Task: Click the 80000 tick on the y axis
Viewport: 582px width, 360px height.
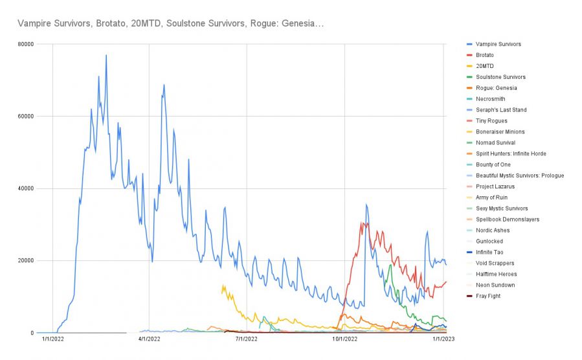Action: tap(26, 44)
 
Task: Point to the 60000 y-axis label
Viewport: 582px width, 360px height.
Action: tap(26, 117)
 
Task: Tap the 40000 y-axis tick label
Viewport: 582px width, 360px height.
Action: tap(26, 188)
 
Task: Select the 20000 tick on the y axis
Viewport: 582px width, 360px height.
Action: tap(26, 261)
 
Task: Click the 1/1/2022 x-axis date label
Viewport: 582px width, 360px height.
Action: tap(52, 339)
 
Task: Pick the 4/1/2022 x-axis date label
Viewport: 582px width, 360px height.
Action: tap(149, 339)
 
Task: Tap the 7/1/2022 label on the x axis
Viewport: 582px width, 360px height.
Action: tap(246, 339)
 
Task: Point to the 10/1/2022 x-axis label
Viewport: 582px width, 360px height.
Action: tap(344, 339)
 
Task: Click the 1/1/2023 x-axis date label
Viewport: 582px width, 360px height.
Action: tap(443, 339)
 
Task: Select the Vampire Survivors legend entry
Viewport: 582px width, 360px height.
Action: tap(498, 44)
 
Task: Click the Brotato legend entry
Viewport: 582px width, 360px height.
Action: tap(484, 55)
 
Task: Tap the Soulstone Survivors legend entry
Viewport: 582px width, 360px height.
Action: tap(500, 77)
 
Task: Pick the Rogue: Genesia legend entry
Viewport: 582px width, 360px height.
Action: tap(496, 88)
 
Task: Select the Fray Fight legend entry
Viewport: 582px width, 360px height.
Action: tap(489, 296)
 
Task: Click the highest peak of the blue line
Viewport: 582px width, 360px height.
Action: tap(106, 56)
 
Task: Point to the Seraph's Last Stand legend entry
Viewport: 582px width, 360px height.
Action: tap(500, 110)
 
